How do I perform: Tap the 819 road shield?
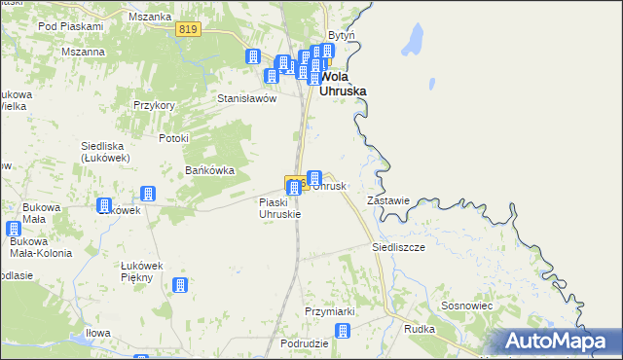190,30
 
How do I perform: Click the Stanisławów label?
247,98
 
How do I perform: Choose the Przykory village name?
154,105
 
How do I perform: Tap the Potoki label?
171,138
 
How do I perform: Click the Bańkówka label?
210,170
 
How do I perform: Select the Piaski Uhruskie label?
280,208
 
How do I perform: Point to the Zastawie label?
386,200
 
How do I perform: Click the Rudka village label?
419,329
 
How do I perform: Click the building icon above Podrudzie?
342,332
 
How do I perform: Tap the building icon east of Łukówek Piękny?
180,285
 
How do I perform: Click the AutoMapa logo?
559,341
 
